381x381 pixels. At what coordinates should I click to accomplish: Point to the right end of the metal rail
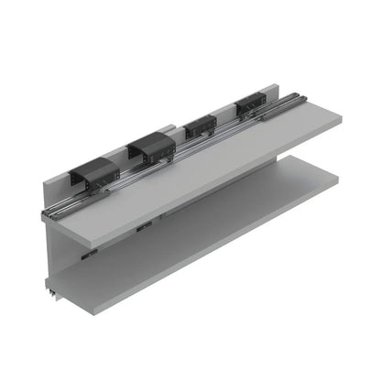click(299, 95)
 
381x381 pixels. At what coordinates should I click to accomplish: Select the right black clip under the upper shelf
click(143, 226)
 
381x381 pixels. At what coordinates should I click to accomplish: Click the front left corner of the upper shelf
click(99, 247)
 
